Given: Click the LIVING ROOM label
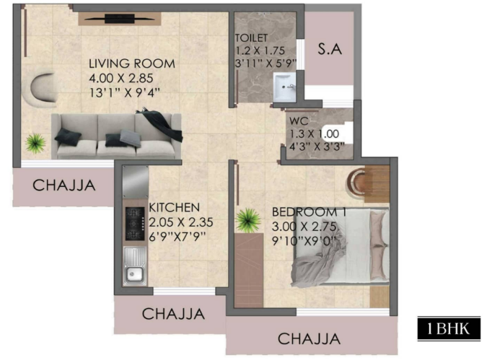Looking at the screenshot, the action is point(132,63).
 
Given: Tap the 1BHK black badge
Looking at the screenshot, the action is point(449,328).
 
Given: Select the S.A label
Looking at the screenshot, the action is point(330,49).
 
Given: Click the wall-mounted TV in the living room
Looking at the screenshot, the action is point(120,19).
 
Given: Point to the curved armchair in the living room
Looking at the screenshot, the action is point(43,88).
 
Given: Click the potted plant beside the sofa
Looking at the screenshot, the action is point(35,143).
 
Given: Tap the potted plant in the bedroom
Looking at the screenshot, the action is point(248,220).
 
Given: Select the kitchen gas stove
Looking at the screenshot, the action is point(135,224).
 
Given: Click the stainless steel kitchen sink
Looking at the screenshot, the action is point(135,266).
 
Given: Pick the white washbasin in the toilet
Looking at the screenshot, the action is point(284,87).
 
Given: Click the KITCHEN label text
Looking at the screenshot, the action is point(174,208).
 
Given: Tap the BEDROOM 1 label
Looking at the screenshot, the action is point(309,212).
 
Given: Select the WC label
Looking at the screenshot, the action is point(299,120).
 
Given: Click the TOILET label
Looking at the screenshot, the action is point(251,38).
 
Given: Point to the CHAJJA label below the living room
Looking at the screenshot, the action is point(64,185).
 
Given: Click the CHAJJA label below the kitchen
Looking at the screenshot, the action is point(173,314).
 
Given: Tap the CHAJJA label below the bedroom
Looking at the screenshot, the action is point(309,339).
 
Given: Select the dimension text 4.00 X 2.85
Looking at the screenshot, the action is point(121,78).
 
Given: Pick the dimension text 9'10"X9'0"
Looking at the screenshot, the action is point(304,241).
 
